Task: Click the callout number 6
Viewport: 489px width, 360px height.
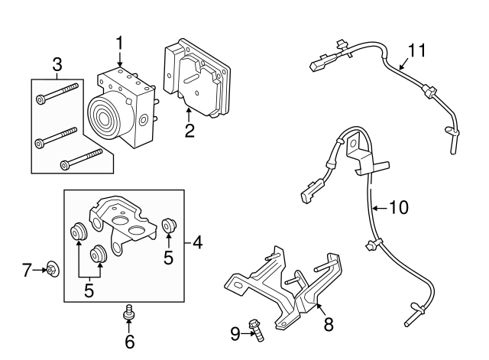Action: point(129,340)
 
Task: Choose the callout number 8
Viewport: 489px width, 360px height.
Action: point(329,325)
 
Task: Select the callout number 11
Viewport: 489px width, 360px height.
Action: point(415,50)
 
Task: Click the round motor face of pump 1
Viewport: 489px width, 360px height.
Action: point(105,117)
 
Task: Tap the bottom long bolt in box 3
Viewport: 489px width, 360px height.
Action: point(81,158)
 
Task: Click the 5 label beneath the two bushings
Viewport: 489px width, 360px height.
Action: point(89,290)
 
